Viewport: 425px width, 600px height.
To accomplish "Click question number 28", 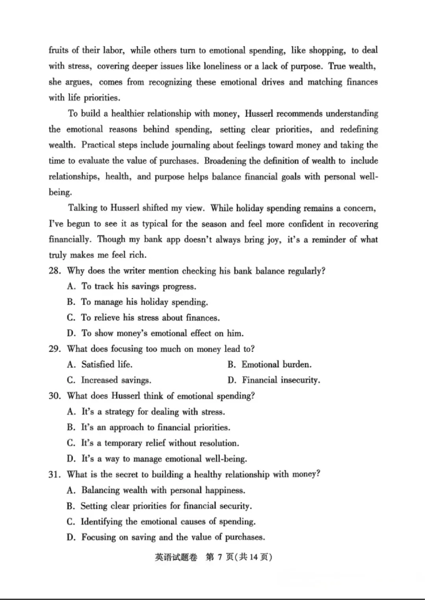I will pyautogui.click(x=54, y=271).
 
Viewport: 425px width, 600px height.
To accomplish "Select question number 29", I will pyautogui.click(x=54, y=349).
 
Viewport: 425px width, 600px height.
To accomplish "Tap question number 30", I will pyautogui.click(x=55, y=396).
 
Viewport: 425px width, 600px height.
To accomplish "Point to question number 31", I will pyautogui.click(x=54, y=475).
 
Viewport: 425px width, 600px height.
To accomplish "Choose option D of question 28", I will pyautogui.click(x=155, y=333).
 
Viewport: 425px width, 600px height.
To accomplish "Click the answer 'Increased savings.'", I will pyautogui.click(x=116, y=380).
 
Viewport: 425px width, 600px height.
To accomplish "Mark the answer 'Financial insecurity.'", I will pyautogui.click(x=281, y=380).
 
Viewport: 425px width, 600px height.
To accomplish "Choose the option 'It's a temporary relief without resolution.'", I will pyautogui.click(x=160, y=443).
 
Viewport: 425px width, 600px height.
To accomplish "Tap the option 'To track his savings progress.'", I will pyautogui.click(x=139, y=286).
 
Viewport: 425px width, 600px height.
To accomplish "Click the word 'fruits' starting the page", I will pyautogui.click(x=58, y=50).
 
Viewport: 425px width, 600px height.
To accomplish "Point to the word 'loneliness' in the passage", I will pyautogui.click(x=222, y=66).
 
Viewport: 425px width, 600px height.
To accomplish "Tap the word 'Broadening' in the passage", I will pyautogui.click(x=225, y=161).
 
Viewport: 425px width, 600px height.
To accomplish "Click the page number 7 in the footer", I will pyautogui.click(x=220, y=557).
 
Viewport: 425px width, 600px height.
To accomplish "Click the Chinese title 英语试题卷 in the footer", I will pyautogui.click(x=176, y=557).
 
